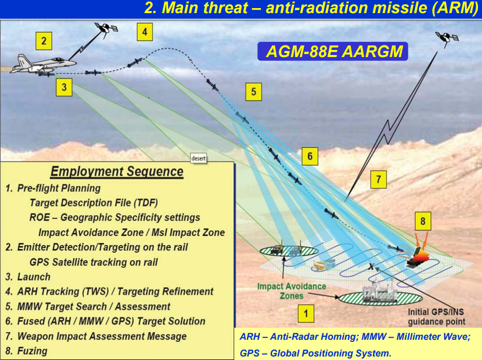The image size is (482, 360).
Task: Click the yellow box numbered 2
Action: (43, 41)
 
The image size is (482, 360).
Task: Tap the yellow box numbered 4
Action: (144, 32)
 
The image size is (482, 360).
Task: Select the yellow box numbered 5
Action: (253, 91)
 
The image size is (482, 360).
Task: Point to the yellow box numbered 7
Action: (379, 179)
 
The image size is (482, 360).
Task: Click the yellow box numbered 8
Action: (423, 221)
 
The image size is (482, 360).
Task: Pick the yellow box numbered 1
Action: (306, 314)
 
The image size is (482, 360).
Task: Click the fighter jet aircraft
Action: (43, 65)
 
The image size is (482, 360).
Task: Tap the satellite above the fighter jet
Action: (106, 28)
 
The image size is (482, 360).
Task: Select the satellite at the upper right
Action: (447, 38)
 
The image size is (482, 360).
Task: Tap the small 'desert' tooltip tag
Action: (198, 159)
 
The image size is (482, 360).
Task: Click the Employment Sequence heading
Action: (117, 172)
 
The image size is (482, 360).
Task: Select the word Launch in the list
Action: (34, 277)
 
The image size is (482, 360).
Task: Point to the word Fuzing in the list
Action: (32, 351)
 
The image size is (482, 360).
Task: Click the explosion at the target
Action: (418, 255)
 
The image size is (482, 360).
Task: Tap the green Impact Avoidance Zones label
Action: (291, 291)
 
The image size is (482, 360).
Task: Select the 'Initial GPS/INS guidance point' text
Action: (437, 317)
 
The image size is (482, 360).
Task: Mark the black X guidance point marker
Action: (371, 267)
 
